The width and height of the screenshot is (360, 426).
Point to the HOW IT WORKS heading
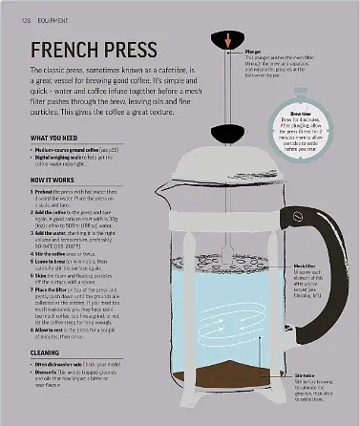tap(52, 179)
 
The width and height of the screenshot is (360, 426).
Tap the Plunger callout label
tap(252, 51)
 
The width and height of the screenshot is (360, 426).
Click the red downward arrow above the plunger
tap(227, 38)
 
